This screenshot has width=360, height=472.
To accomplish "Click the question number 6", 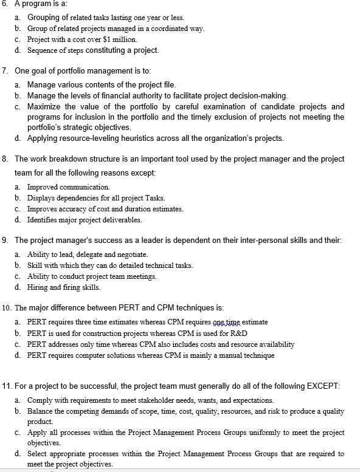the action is [x=5, y=4].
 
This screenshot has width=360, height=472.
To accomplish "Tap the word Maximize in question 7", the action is [x=44, y=106].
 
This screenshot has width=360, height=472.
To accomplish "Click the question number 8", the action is [x=5, y=159].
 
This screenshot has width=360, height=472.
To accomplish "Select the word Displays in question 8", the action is [x=41, y=197].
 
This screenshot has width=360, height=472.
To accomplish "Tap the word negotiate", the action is [x=131, y=254].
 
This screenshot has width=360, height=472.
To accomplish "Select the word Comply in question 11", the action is [x=40, y=400].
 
